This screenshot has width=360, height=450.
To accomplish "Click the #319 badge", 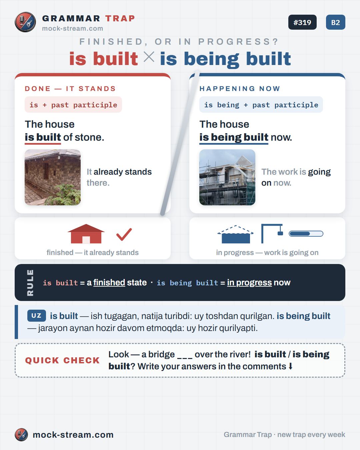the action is pyautogui.click(x=302, y=22).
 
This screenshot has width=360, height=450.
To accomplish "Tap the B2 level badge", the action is pyautogui.click(x=336, y=22).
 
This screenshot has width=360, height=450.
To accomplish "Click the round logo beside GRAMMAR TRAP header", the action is pyautogui.click(x=25, y=22).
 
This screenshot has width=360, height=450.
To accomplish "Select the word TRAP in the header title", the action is pyautogui.click(x=120, y=18).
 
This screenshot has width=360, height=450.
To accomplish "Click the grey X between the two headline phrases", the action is pyautogui.click(x=149, y=57).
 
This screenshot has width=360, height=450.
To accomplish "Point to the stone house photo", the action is pyautogui.click(x=53, y=177).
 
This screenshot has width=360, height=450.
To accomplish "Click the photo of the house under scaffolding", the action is pyautogui.click(x=227, y=177).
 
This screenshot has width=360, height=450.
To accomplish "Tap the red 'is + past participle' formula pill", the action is pyautogui.click(x=73, y=105).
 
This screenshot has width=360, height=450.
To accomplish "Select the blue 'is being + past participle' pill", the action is pyautogui.click(x=261, y=105).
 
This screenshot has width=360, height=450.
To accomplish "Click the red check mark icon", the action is pyautogui.click(x=124, y=234).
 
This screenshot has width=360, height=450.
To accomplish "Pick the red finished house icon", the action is pyautogui.click(x=86, y=234).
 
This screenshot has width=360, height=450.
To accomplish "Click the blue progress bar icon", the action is pyautogui.click(x=306, y=234).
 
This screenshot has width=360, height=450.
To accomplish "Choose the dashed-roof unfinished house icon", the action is pyautogui.click(x=236, y=234).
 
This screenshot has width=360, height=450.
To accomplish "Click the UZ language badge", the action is pyautogui.click(x=36, y=316).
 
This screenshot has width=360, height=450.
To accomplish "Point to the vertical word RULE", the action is pyautogui.click(x=30, y=283).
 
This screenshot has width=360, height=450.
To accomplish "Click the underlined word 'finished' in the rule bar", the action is pyautogui.click(x=109, y=283).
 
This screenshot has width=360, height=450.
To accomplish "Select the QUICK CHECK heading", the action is pyautogui.click(x=62, y=360).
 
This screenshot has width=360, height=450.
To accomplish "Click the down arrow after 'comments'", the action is pyautogui.click(x=290, y=366).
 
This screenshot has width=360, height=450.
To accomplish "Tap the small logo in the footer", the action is pyautogui.click(x=21, y=435).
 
